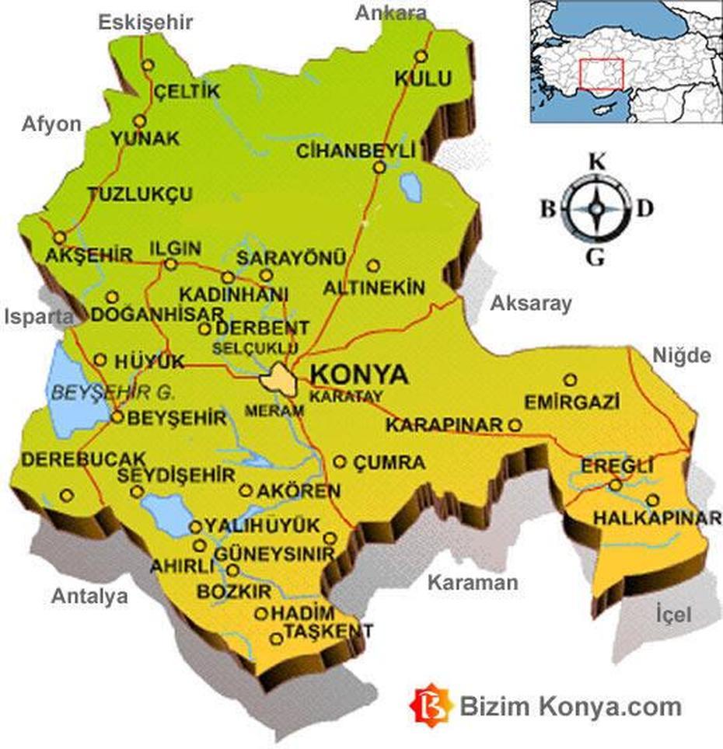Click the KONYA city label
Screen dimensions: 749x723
[x=358, y=374]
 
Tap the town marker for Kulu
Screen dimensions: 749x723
[x=421, y=57]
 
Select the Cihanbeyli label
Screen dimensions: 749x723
[x=355, y=150]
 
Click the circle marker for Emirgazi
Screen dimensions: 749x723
[x=571, y=380]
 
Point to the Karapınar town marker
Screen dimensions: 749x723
[x=515, y=425]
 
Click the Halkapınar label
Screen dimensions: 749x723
[x=656, y=517]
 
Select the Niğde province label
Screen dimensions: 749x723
[x=681, y=356]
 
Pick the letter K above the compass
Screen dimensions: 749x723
[x=596, y=162]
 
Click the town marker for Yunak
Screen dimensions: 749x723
[x=140, y=121]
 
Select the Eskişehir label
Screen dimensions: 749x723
[x=145, y=23]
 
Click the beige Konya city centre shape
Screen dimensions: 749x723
[x=278, y=380]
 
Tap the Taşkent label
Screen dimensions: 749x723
[x=327, y=630]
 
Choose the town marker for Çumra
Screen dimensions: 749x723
[x=340, y=462]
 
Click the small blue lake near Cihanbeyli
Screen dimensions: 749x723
[x=410, y=186]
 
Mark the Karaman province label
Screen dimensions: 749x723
[x=473, y=582]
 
